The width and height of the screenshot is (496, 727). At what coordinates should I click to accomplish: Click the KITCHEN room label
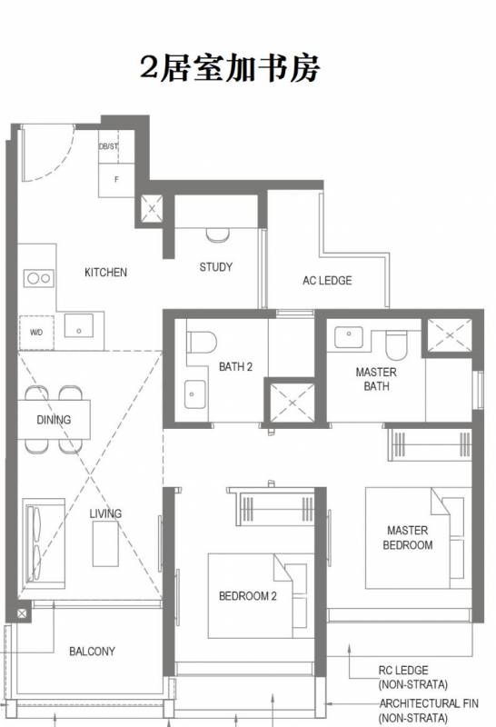pyautogui.click(x=105, y=272)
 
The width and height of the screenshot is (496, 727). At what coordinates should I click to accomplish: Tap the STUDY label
pyautogui.click(x=215, y=267)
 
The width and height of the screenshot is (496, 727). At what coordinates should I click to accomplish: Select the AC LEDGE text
pyautogui.click(x=327, y=281)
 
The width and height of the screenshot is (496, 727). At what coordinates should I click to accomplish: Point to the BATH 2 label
pyautogui.click(x=235, y=367)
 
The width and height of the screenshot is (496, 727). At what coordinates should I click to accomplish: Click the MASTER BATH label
pyautogui.click(x=376, y=379)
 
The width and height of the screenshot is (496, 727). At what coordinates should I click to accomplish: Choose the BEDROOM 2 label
pyautogui.click(x=247, y=596)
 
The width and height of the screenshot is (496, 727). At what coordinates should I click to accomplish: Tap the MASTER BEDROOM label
pyautogui.click(x=408, y=537)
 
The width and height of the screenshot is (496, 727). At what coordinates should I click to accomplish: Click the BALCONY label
pyautogui.click(x=92, y=652)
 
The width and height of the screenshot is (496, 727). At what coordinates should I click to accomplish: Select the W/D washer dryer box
pyautogui.click(x=36, y=333)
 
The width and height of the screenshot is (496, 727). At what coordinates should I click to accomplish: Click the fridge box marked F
pyautogui.click(x=116, y=180)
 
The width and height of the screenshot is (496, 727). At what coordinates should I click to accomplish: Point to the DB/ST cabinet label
pyautogui.click(x=108, y=146)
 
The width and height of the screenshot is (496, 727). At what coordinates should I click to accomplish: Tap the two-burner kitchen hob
pyautogui.click(x=39, y=278)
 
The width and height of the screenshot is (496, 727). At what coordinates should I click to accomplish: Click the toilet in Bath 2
pyautogui.click(x=202, y=343)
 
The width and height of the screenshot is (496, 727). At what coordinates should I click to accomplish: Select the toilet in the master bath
pyautogui.click(x=396, y=345)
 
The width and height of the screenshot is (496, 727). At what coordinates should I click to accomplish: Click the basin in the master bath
pyautogui.click(x=349, y=337)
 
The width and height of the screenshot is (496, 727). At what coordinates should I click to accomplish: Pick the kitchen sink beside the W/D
pyautogui.click(x=79, y=325)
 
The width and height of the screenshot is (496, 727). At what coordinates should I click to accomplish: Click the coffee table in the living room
pyautogui.click(x=105, y=543)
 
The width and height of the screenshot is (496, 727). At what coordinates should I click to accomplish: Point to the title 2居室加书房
pyautogui.click(x=230, y=68)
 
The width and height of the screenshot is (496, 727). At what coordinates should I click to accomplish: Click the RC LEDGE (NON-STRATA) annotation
pyautogui.click(x=413, y=677)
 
